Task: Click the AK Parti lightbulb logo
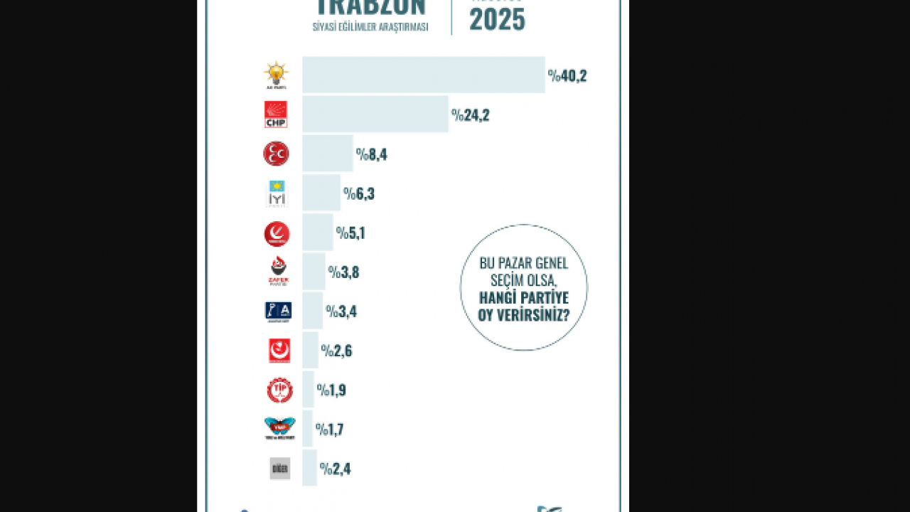(x=276, y=75)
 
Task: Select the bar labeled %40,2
(x=423, y=75)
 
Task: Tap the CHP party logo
(x=276, y=114)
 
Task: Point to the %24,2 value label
(x=470, y=115)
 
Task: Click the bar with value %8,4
(x=327, y=154)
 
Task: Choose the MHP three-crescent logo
(x=276, y=154)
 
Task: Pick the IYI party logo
(x=276, y=193)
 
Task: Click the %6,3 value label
(x=359, y=193)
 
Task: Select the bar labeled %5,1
(x=317, y=233)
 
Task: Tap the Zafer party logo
(x=278, y=271)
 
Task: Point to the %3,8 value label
(x=343, y=272)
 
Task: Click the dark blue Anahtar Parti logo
(x=278, y=311)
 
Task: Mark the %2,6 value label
(x=336, y=351)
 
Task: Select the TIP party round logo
(x=279, y=390)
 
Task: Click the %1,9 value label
(x=331, y=390)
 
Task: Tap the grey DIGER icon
(x=280, y=469)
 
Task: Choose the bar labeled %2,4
(x=309, y=469)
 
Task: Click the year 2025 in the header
(x=497, y=20)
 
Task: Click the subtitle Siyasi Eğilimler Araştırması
(x=370, y=27)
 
